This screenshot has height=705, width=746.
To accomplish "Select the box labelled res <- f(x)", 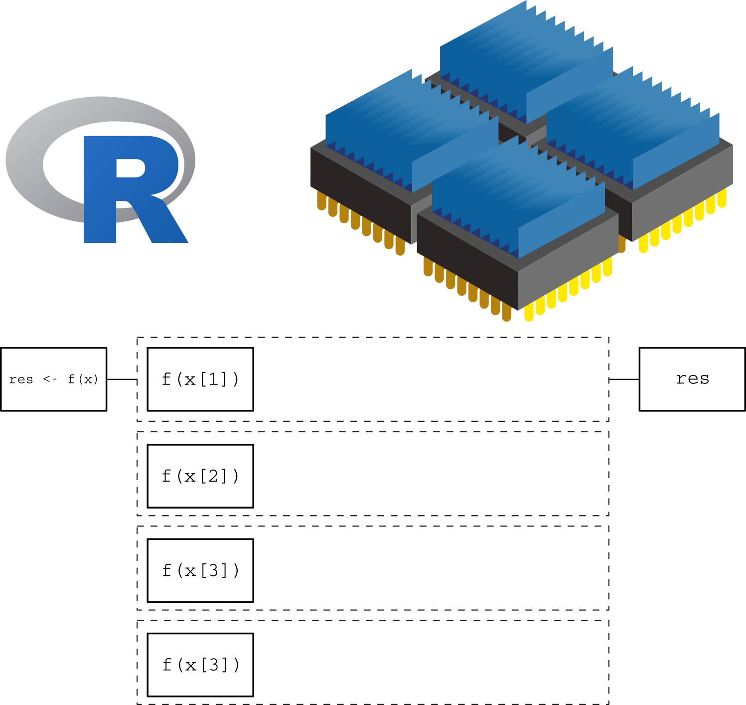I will [x=54, y=379].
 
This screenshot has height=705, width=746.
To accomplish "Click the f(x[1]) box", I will [x=200, y=379].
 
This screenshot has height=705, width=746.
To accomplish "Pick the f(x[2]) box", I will [x=200, y=476].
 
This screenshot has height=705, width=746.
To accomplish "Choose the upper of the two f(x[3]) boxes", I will [x=200, y=570].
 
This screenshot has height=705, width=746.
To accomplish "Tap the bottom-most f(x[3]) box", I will [x=200, y=665].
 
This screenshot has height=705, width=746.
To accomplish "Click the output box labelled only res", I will [x=692, y=379].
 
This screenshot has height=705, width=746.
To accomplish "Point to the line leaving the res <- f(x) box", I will [x=122, y=379].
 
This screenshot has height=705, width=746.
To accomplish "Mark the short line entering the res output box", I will [x=624, y=379].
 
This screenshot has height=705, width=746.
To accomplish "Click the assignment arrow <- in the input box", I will [x=50, y=379].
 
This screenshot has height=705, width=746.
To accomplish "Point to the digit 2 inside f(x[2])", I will [x=213, y=476].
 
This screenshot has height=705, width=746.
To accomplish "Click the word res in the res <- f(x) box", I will [x=21, y=379].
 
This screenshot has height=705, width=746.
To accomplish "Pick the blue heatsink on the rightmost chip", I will [x=633, y=135].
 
